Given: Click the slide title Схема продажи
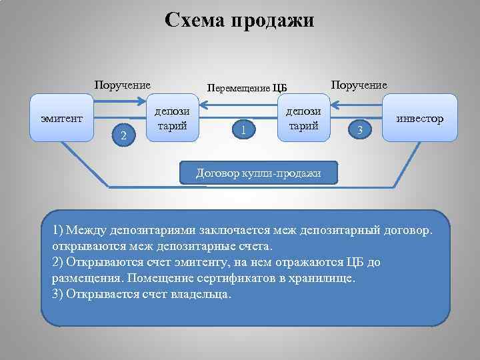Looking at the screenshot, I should coord(239,21).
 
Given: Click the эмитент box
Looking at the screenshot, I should coord(61,118).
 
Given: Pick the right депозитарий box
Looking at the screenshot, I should coord(304,118).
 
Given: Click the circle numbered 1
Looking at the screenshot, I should coord(244,128).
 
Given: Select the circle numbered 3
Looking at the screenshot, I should coord(360,129).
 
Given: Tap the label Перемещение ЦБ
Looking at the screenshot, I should coord(247,87).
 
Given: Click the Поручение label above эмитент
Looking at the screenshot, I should coord(122,85).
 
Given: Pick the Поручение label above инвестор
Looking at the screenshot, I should coord(359,85).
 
